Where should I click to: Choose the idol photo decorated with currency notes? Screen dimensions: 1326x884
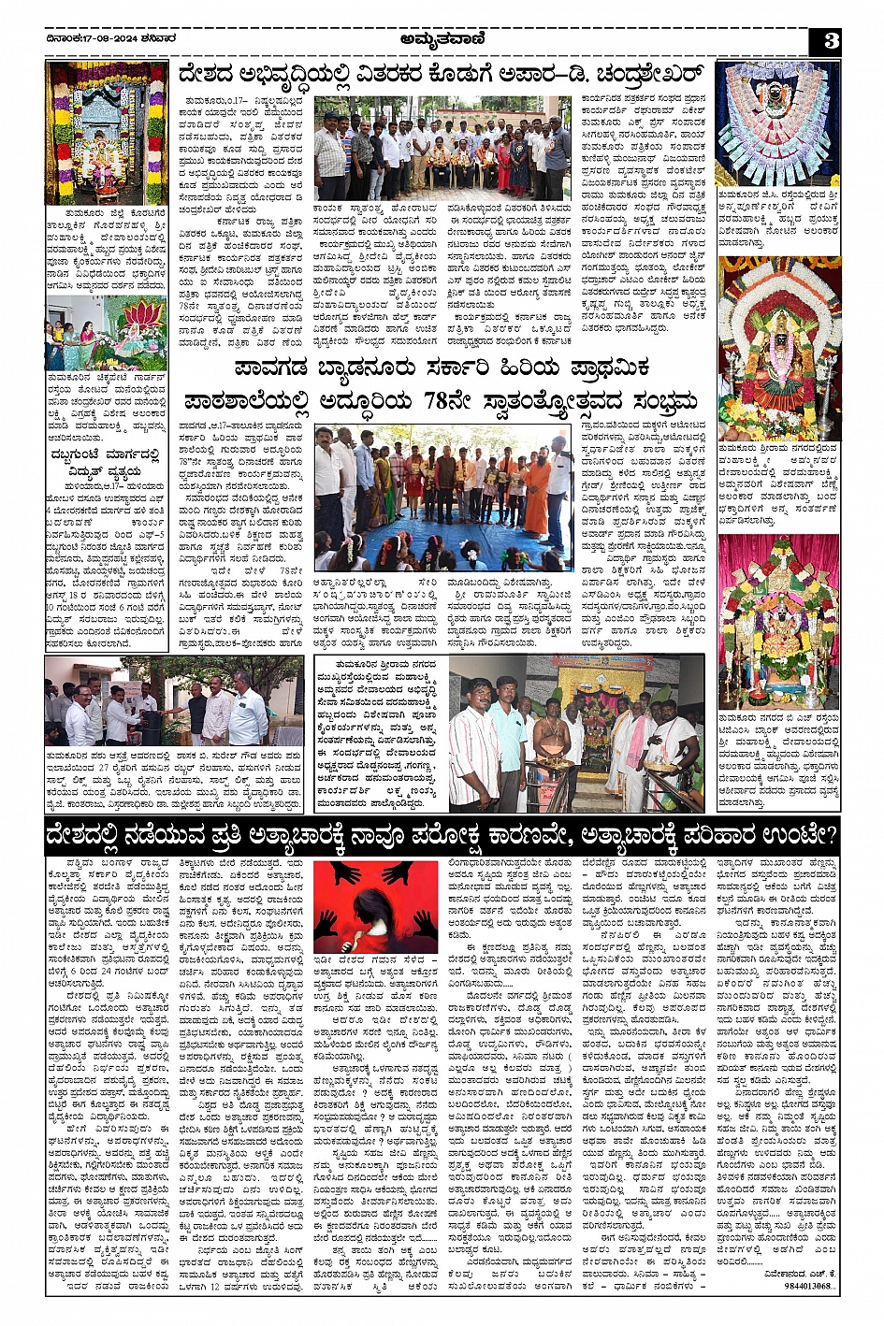777,122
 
